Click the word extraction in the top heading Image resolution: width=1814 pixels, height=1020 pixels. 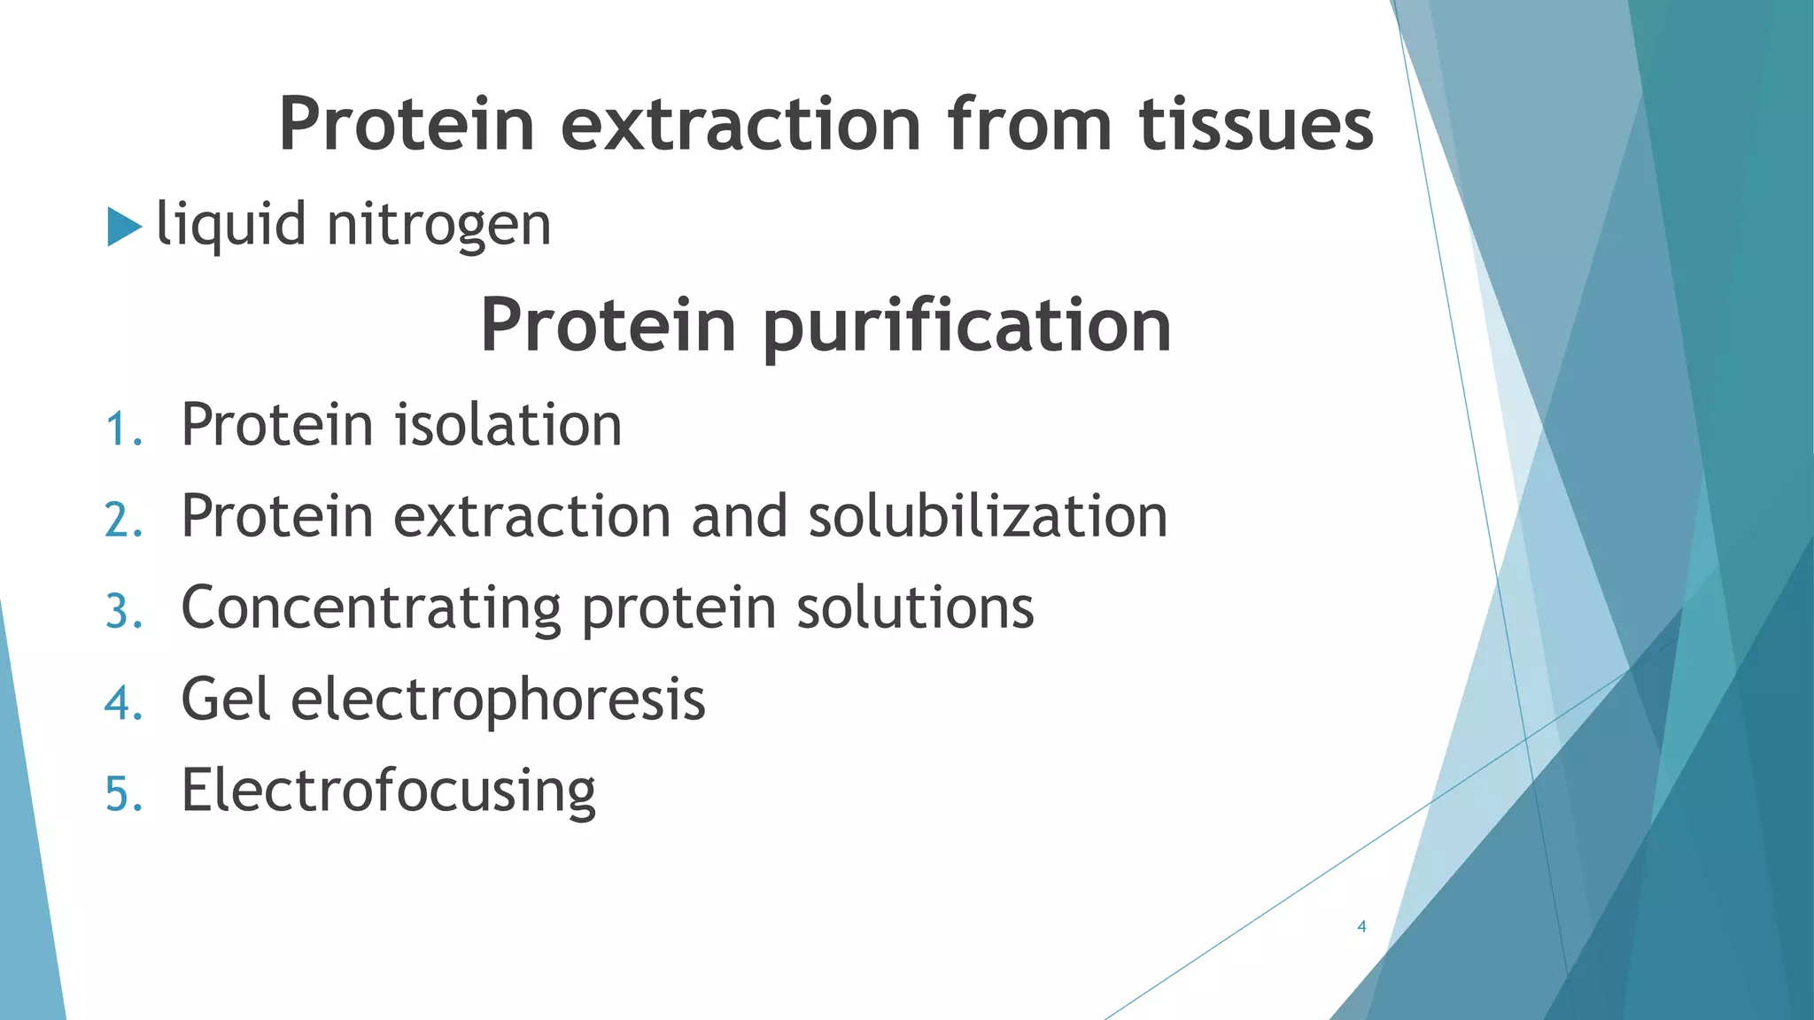(x=741, y=124)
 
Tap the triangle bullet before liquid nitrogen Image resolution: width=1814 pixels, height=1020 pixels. (x=123, y=227)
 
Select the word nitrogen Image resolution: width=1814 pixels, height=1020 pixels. (x=438, y=225)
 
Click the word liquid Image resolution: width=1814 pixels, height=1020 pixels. (x=231, y=225)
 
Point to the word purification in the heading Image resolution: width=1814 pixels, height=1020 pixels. (x=966, y=327)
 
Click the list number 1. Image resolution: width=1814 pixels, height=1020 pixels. (x=120, y=430)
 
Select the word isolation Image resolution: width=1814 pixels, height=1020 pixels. (x=508, y=425)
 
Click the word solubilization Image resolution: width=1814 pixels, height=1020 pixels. (x=988, y=516)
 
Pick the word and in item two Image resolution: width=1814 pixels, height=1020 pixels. (x=739, y=516)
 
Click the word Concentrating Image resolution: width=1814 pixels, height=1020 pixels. (x=371, y=609)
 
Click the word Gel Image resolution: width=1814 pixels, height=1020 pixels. (x=225, y=699)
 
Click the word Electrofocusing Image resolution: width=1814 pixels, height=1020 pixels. (x=388, y=792)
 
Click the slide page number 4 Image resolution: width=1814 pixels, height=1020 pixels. (x=1361, y=927)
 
